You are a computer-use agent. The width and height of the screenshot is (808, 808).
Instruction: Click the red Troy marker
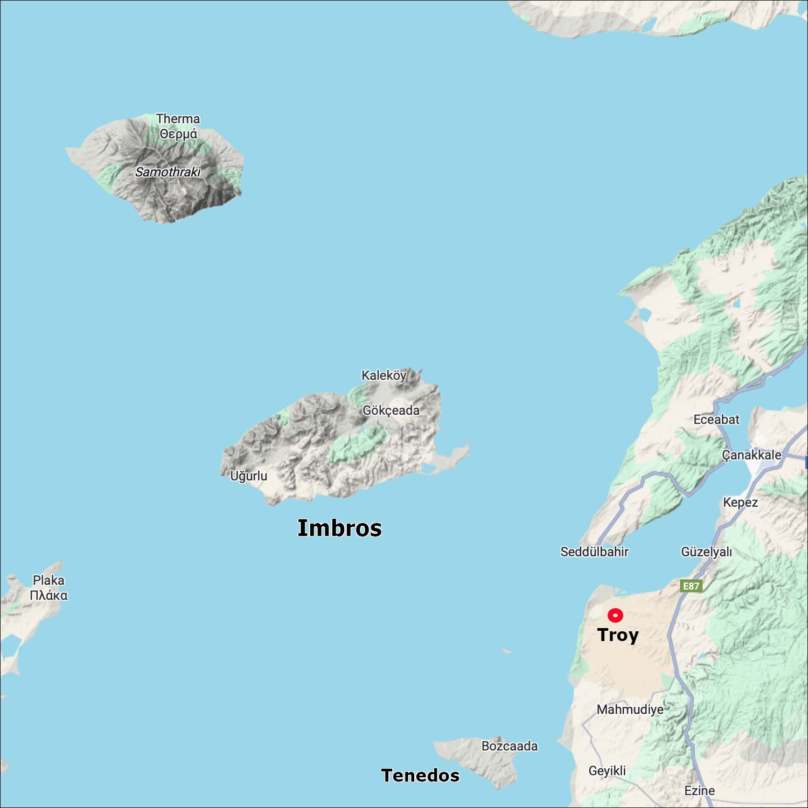click(x=615, y=615)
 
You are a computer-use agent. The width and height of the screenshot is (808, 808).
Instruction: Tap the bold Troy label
click(x=618, y=635)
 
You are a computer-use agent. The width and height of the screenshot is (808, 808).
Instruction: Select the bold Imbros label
click(x=339, y=528)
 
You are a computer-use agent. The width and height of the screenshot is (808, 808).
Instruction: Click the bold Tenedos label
click(x=420, y=775)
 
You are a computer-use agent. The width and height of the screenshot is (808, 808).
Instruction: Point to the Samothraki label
click(x=168, y=172)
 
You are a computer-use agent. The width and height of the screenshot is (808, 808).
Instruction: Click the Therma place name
click(x=178, y=119)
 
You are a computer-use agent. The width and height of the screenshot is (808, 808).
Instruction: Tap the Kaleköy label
click(x=384, y=375)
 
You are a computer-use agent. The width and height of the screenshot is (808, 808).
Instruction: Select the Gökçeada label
click(x=391, y=410)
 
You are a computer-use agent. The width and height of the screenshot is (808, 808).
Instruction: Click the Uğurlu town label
click(x=248, y=476)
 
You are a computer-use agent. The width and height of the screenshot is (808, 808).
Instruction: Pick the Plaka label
click(x=48, y=581)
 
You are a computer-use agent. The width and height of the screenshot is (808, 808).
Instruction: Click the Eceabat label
click(x=716, y=420)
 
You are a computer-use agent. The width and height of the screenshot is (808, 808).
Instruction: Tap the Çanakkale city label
click(x=751, y=455)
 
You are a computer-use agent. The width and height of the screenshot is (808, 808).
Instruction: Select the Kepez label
click(x=740, y=503)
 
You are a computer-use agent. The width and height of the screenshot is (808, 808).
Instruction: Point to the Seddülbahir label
click(x=594, y=552)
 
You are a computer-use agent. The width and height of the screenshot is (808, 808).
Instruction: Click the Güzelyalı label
click(x=706, y=552)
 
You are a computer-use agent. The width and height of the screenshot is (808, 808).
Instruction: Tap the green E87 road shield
click(x=691, y=586)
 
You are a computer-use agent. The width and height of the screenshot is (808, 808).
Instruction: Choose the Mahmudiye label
click(x=630, y=709)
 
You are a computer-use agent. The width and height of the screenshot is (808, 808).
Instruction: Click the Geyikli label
click(x=607, y=771)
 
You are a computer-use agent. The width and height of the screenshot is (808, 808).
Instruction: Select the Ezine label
click(x=699, y=791)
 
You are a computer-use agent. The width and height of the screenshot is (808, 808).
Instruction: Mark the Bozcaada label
click(x=509, y=746)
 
